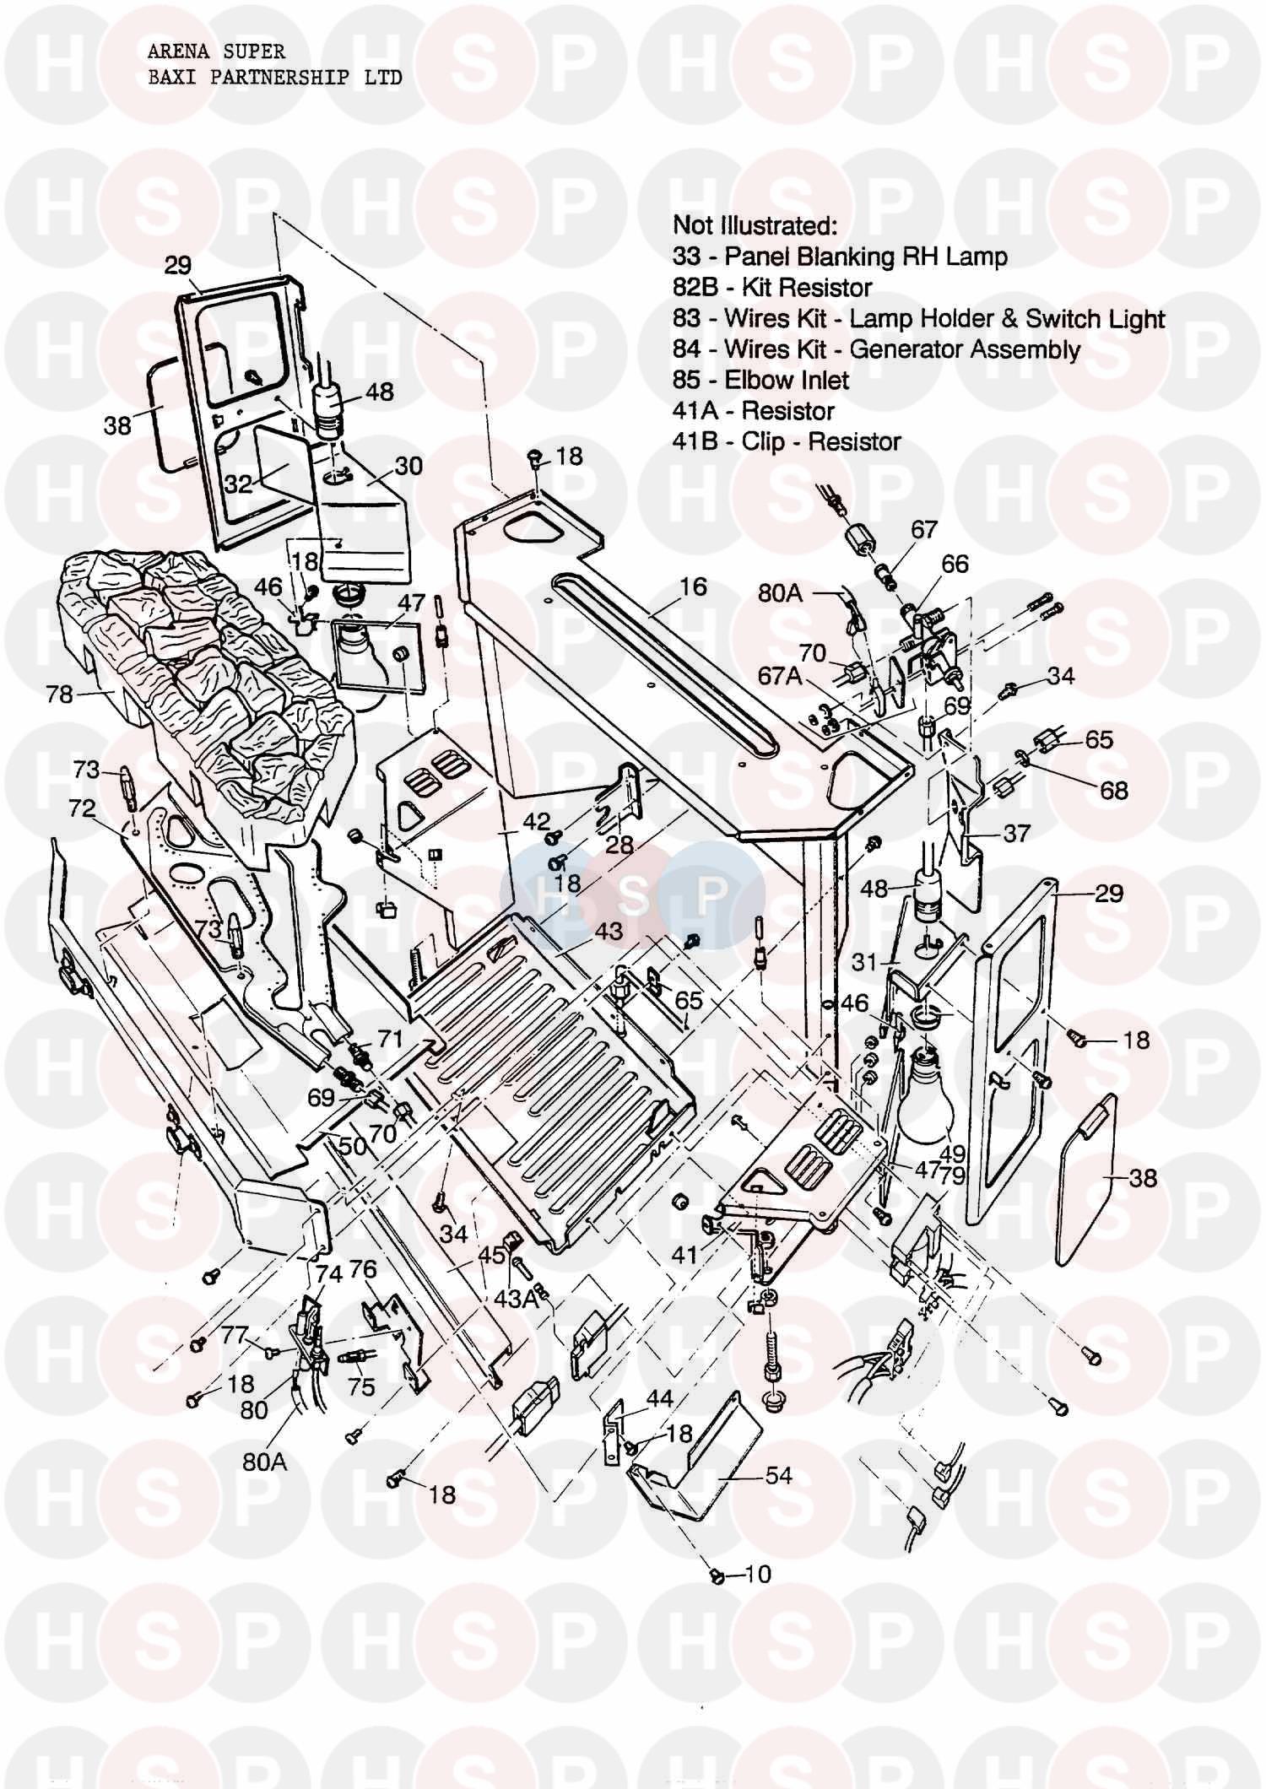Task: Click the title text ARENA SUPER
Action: pyautogui.click(x=216, y=52)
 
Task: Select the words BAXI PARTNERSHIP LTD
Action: pyautogui.click(x=275, y=78)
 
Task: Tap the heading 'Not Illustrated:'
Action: pyautogui.click(x=755, y=225)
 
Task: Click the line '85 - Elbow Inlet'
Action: pyautogui.click(x=760, y=380)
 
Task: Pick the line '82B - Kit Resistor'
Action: pyautogui.click(x=771, y=287)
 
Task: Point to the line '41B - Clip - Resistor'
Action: pyautogui.click(x=786, y=441)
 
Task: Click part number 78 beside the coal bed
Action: pyautogui.click(x=60, y=694)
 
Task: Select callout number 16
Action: pyautogui.click(x=693, y=586)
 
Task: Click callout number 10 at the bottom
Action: pyautogui.click(x=759, y=1574)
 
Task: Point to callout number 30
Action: pyautogui.click(x=408, y=466)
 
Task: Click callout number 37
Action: pyautogui.click(x=1016, y=833)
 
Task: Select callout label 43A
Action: pyautogui.click(x=515, y=1300)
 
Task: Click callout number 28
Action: pyautogui.click(x=619, y=844)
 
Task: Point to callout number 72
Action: pyautogui.click(x=82, y=808)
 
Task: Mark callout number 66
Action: pyautogui.click(x=955, y=564)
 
